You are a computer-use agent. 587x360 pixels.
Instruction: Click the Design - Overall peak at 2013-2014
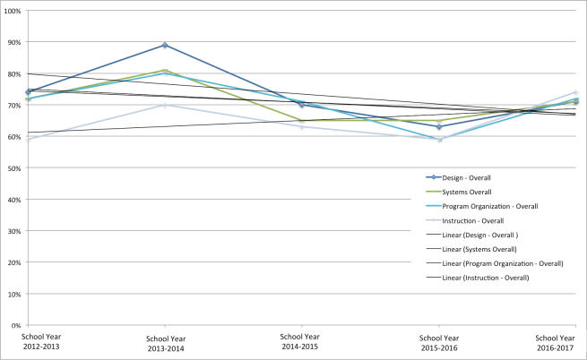click(x=165, y=45)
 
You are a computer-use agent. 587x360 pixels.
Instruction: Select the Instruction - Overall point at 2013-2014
click(x=165, y=105)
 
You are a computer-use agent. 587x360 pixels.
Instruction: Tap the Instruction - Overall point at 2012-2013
click(x=28, y=140)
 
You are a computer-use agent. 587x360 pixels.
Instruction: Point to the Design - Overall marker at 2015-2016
click(x=438, y=127)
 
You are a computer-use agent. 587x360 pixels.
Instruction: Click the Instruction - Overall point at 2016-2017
click(x=574, y=92)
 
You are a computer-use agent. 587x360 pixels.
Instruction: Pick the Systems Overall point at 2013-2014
click(x=165, y=70)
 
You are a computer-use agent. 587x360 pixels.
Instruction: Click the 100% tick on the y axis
click(x=13, y=11)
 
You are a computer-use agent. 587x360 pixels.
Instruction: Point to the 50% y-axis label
click(x=14, y=168)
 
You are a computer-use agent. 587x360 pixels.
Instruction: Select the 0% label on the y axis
click(x=16, y=325)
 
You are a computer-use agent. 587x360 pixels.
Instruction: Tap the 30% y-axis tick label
click(x=14, y=231)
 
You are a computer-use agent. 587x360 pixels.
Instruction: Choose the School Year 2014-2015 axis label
click(x=301, y=342)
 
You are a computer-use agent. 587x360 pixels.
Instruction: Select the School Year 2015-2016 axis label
click(x=438, y=342)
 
